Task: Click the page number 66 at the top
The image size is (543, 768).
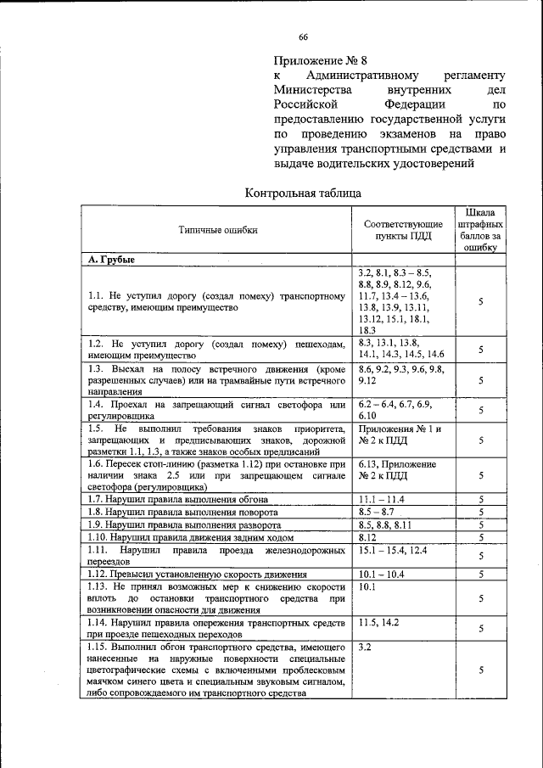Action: (x=303, y=36)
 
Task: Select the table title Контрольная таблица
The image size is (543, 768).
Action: (x=296, y=193)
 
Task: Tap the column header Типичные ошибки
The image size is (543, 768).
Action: (x=217, y=229)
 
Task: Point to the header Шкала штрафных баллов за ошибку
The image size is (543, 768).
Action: (x=481, y=229)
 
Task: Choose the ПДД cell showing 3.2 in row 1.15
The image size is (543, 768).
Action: (x=366, y=647)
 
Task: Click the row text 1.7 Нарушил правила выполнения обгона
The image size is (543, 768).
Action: (x=179, y=500)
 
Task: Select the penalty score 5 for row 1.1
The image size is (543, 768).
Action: (x=481, y=301)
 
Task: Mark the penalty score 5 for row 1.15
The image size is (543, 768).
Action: (x=481, y=670)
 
